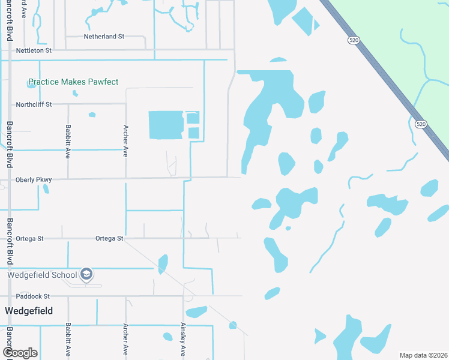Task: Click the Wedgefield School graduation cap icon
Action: (86, 274)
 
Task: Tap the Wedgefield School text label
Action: (43, 275)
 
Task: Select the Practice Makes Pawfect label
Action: (73, 82)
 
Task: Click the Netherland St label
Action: (103, 37)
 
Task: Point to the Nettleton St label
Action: (34, 51)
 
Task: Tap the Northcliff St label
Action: (34, 104)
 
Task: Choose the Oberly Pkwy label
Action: (34, 179)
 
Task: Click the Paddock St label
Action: (32, 296)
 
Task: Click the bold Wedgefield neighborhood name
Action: (29, 311)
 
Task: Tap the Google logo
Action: (20, 352)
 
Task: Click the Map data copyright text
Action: (423, 355)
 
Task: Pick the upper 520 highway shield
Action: (354, 40)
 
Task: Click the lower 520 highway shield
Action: (420, 124)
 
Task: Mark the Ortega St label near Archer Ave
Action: (109, 239)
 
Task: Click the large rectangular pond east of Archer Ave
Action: (166, 125)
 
